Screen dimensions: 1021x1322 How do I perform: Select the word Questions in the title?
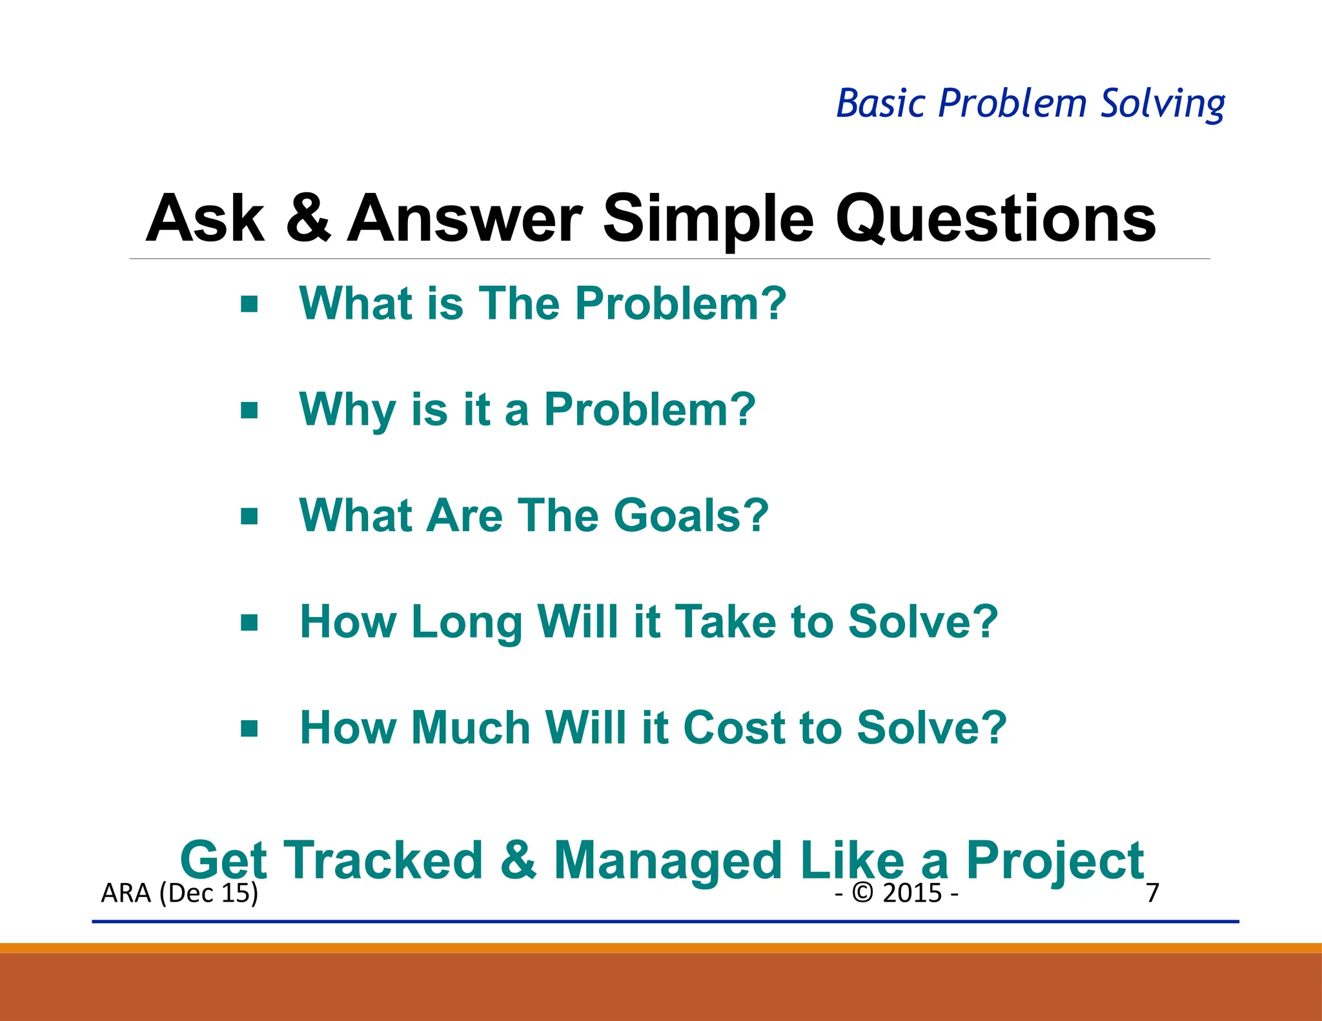(x=995, y=219)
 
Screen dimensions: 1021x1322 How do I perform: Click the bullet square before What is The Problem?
(x=249, y=304)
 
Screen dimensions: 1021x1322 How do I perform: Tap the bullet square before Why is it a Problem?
(x=249, y=410)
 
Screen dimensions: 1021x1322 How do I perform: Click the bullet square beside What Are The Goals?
(x=249, y=516)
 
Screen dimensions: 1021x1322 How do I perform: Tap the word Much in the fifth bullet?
(x=471, y=727)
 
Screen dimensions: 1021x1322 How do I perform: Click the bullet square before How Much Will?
(x=249, y=729)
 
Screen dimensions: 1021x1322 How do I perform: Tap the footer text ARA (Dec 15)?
(x=179, y=893)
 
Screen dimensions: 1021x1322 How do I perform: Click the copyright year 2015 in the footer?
(x=912, y=893)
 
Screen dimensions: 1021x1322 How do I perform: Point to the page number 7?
(x=1152, y=893)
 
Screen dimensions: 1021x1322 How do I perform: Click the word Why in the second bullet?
(x=347, y=410)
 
